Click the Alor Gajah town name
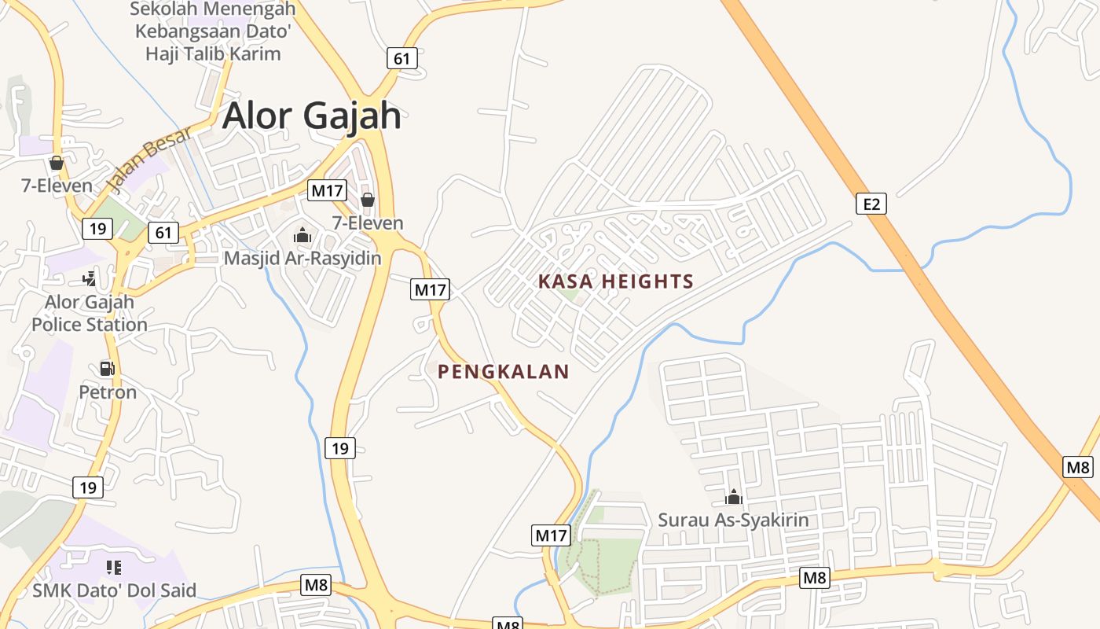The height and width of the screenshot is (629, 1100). (311, 116)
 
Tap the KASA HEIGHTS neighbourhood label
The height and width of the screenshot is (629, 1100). (616, 281)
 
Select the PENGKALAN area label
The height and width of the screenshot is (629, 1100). (503, 372)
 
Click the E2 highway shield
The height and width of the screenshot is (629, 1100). (871, 204)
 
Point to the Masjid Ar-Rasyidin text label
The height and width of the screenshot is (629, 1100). (302, 258)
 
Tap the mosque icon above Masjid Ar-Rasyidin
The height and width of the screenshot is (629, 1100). (302, 235)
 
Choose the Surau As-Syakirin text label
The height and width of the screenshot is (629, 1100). (733, 520)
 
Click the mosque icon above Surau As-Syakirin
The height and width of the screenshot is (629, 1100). (733, 497)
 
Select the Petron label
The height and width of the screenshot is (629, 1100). (108, 392)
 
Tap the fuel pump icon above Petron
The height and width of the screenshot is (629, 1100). (107, 368)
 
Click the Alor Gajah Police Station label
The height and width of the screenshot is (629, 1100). (90, 313)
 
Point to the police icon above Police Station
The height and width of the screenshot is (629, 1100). (90, 278)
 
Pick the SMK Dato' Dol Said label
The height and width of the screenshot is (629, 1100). (115, 590)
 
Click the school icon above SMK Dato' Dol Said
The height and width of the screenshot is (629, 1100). (114, 567)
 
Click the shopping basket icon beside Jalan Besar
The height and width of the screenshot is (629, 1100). (57, 163)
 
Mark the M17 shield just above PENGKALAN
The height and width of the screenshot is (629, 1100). (430, 289)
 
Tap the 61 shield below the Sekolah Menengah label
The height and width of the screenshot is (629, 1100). (401, 58)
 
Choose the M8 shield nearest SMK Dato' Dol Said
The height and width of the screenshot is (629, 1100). (316, 585)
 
